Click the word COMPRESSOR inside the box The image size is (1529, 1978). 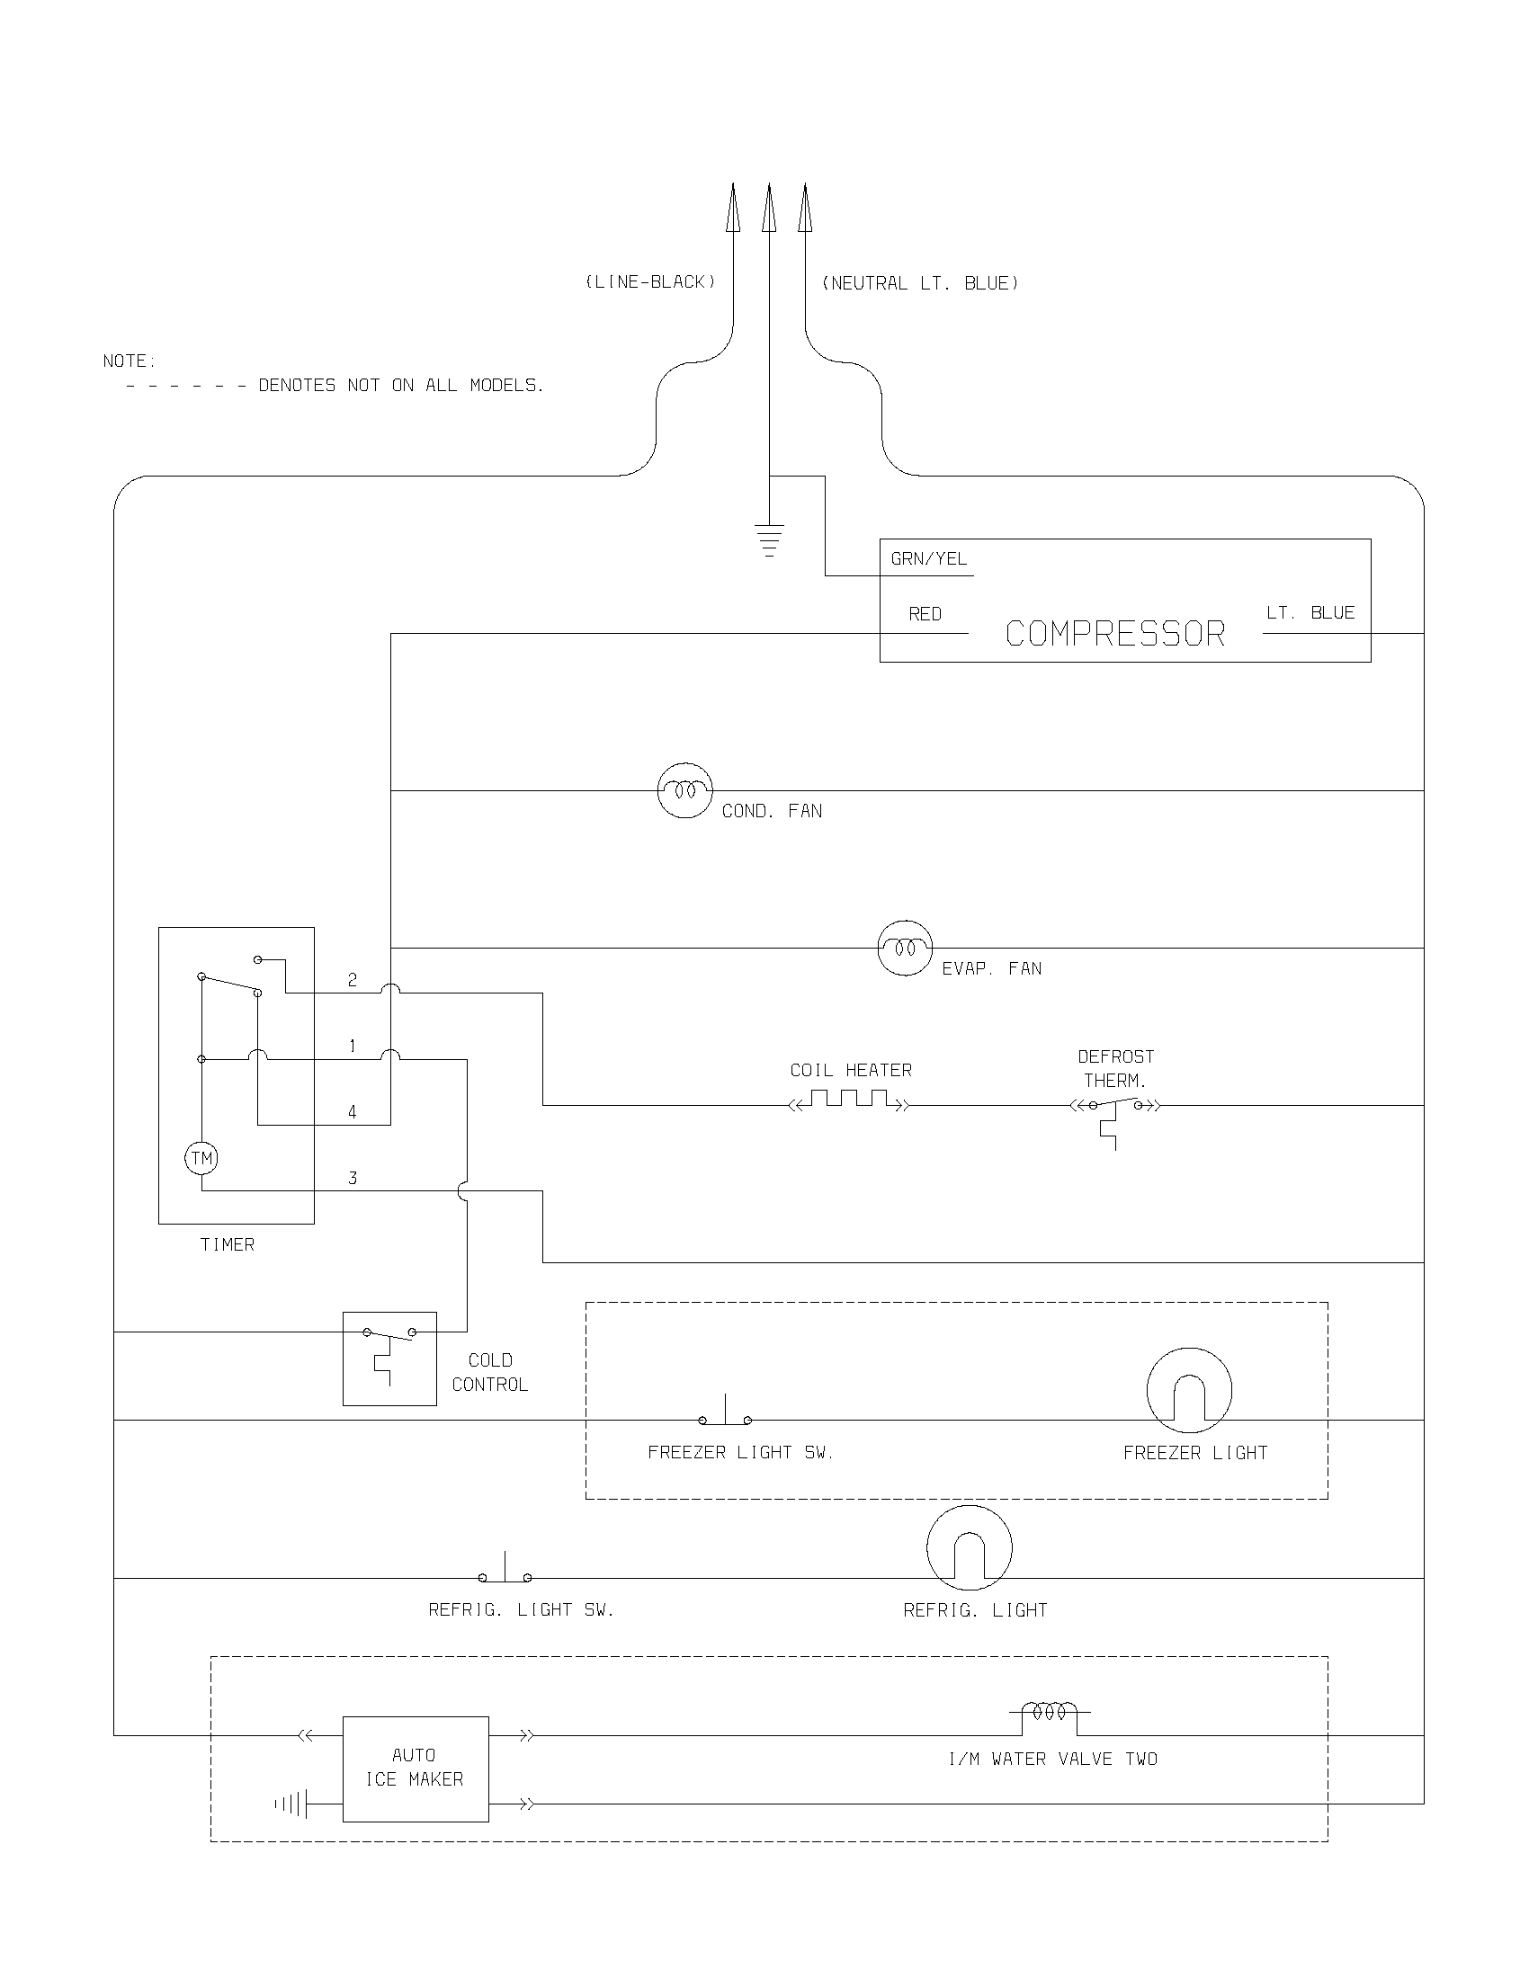(1115, 634)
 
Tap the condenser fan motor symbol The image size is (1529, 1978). (684, 790)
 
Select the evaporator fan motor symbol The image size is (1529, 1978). (905, 949)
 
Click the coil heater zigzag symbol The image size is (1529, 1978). (850, 1100)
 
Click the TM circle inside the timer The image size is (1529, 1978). (201, 1158)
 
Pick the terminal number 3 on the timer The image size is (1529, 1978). (353, 1179)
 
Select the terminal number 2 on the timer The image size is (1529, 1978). (353, 980)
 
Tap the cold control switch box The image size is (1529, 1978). (389, 1359)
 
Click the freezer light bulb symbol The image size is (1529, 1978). (1189, 1390)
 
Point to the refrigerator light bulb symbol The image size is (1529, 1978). (970, 1548)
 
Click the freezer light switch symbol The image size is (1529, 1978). (725, 1414)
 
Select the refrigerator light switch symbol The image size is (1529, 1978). (505, 1573)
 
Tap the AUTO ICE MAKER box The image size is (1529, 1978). (415, 1768)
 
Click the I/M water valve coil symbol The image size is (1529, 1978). (1050, 1712)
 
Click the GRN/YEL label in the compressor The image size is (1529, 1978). (928, 559)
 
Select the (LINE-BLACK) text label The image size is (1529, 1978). (650, 282)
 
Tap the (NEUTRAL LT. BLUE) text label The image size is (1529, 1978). (919, 283)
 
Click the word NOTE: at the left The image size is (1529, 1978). (130, 361)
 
